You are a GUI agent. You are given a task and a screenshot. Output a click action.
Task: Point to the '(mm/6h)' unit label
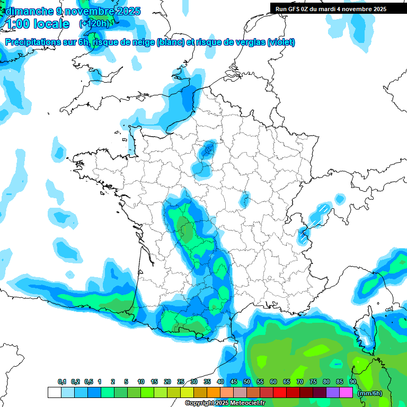(370, 393)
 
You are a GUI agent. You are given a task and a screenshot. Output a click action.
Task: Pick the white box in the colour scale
(54, 393)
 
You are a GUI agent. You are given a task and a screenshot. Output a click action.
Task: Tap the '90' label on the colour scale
(353, 382)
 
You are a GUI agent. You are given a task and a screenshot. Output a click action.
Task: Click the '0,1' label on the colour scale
(62, 382)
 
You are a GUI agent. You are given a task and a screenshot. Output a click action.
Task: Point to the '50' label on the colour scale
(247, 382)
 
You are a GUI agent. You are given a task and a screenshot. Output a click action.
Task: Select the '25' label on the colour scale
(181, 382)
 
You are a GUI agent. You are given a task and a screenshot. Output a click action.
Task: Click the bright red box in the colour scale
(280, 393)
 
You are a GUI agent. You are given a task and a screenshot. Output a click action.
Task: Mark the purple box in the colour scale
(333, 393)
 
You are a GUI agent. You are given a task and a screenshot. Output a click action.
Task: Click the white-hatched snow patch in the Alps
(319, 214)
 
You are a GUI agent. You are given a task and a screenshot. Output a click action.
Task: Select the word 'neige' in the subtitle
(139, 42)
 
